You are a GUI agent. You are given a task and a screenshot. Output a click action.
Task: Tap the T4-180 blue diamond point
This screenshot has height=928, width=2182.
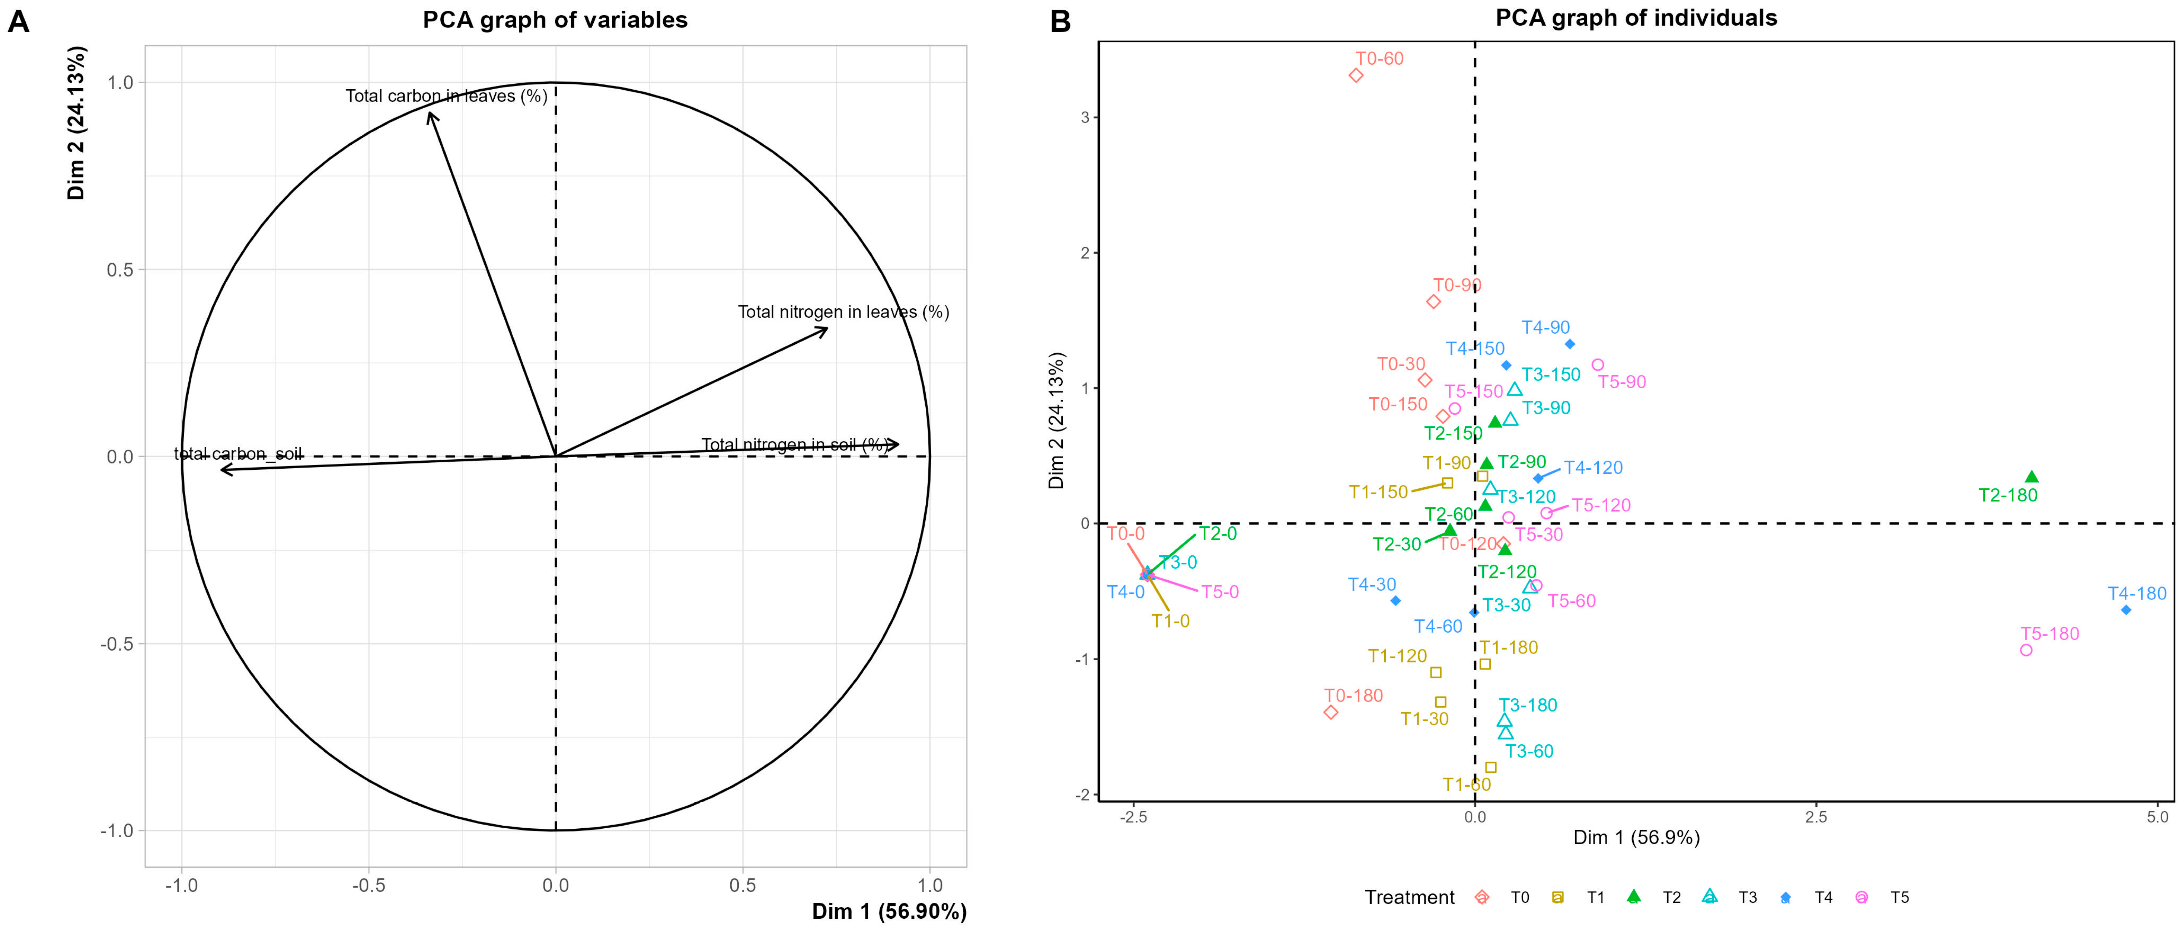[x=2125, y=610]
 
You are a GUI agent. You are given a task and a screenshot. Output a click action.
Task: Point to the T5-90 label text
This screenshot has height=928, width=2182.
[x=1621, y=382]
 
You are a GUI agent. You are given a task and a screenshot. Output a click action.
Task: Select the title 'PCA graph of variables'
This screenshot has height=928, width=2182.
[x=555, y=19]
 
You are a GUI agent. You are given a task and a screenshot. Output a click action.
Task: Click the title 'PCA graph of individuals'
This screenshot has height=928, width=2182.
[x=1636, y=18]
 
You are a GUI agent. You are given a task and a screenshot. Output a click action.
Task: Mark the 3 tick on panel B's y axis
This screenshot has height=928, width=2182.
[x=1084, y=118]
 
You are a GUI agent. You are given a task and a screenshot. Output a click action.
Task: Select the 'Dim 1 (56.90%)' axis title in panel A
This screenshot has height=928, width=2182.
[x=889, y=911]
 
